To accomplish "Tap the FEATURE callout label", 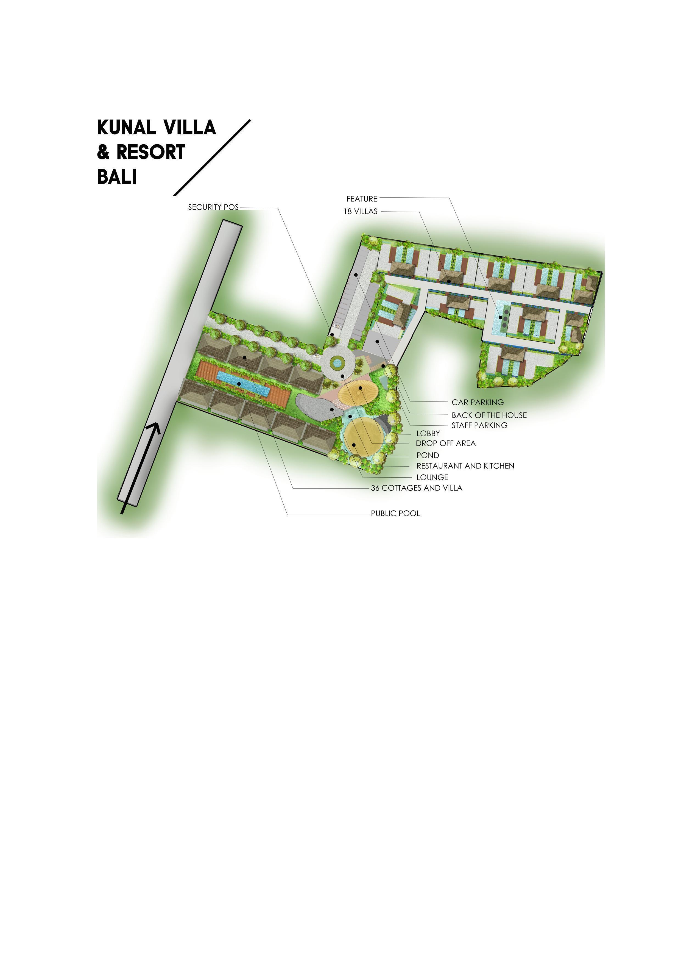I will (362, 199).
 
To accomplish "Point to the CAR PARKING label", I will (478, 402).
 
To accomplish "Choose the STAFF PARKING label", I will (479, 425).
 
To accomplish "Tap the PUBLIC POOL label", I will (395, 514).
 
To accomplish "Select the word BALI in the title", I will (117, 177).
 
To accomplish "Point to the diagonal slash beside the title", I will (212, 157).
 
